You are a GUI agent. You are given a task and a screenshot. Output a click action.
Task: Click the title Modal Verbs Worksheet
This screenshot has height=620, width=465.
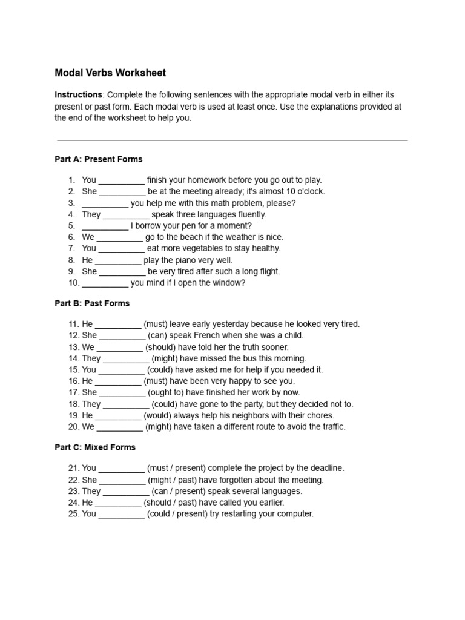click(110, 73)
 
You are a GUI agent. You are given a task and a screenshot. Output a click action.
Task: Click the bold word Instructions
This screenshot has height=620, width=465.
click(78, 95)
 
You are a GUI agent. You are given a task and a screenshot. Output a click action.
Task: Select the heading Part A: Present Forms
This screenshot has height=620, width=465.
click(99, 159)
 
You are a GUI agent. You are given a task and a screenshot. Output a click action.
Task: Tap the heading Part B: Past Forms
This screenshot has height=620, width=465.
click(92, 303)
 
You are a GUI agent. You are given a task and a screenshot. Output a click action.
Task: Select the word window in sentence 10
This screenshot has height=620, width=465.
click(231, 283)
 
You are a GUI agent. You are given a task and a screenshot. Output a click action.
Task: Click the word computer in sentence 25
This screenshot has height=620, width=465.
click(294, 514)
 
